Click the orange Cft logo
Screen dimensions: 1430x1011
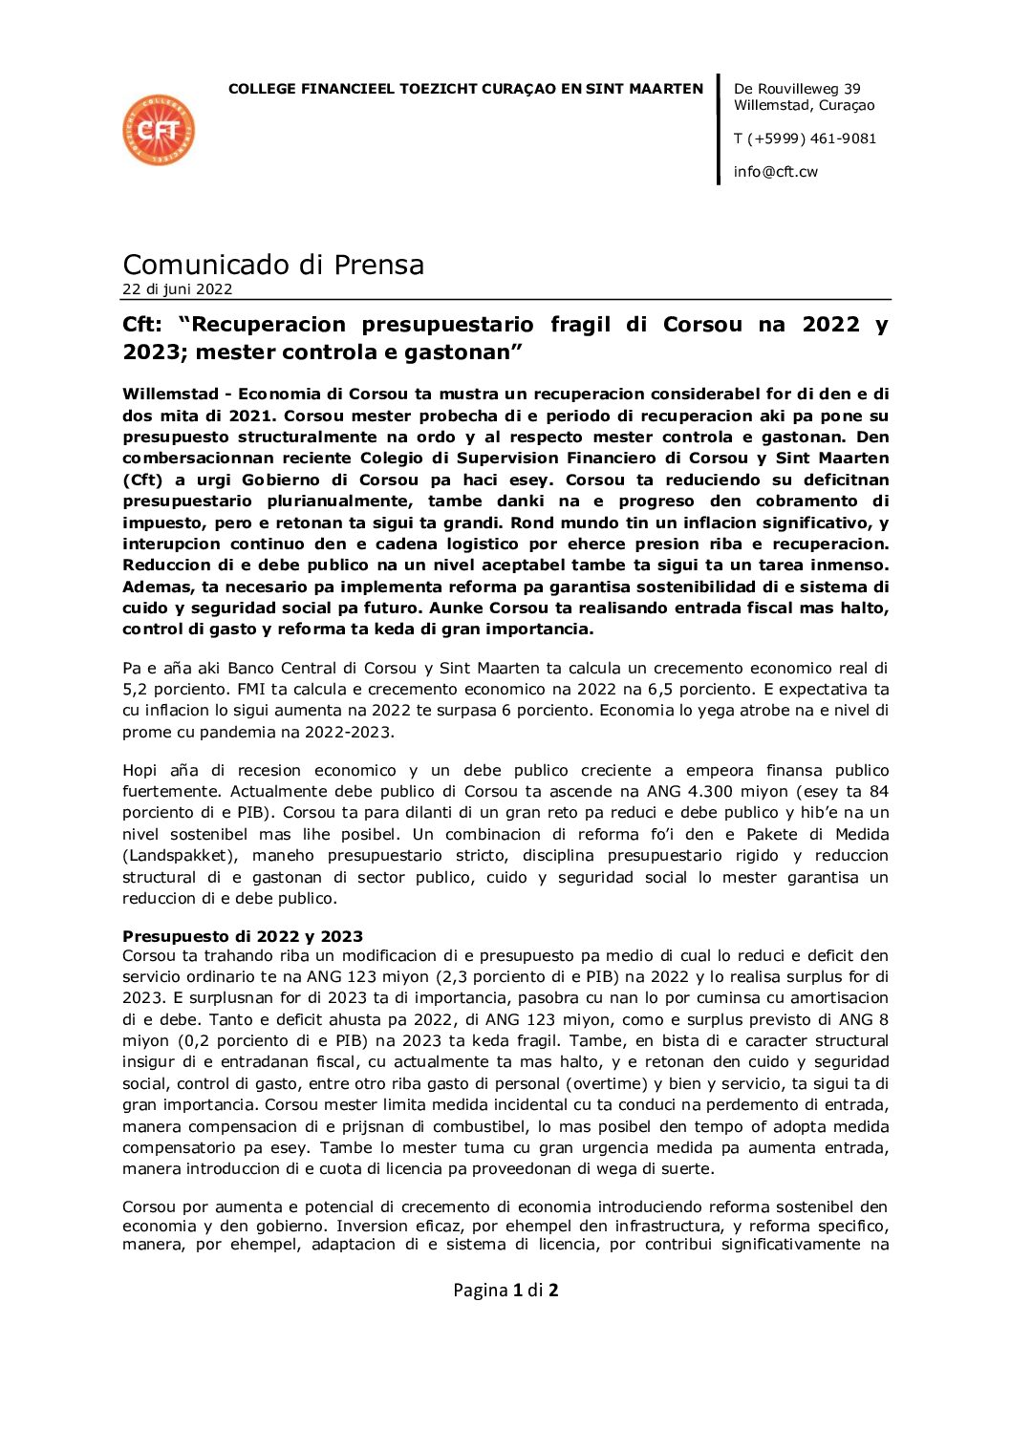tap(159, 130)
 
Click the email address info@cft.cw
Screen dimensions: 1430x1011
tap(775, 172)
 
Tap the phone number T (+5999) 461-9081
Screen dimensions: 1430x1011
tap(805, 139)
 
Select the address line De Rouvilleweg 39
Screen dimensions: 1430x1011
tap(797, 89)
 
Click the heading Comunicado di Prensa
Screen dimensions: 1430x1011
tap(273, 265)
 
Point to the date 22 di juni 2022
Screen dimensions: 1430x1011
tap(177, 289)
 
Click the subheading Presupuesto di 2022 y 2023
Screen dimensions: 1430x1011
tap(243, 936)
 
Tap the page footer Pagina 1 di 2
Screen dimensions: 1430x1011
tap(505, 1291)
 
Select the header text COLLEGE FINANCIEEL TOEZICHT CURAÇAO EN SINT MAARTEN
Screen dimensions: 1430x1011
tap(465, 89)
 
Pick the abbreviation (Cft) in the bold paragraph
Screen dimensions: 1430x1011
tap(141, 480)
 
